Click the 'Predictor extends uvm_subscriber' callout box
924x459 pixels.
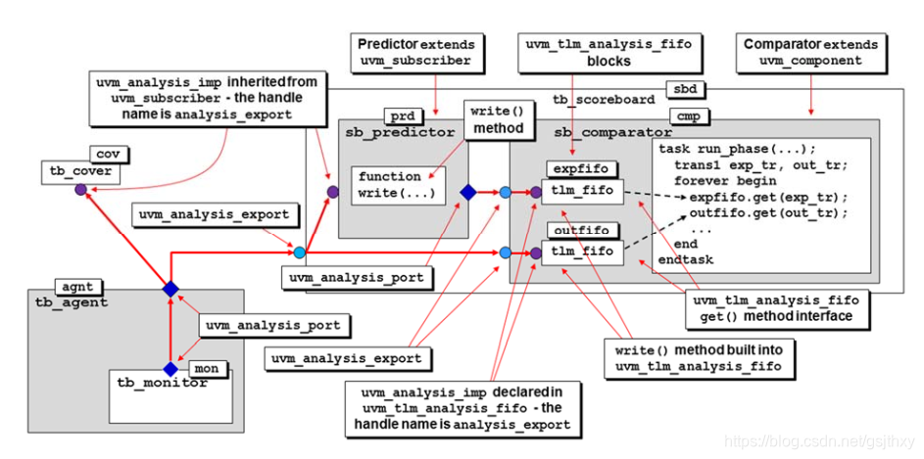416,52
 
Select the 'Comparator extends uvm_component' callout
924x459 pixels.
810,52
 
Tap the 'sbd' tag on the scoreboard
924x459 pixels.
683,90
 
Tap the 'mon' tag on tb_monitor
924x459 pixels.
206,369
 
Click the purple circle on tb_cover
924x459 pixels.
80,189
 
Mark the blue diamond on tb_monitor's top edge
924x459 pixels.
170,369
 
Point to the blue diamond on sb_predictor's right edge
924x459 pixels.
468,193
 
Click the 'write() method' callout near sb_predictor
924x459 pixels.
497,119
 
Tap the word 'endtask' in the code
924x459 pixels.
686,260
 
